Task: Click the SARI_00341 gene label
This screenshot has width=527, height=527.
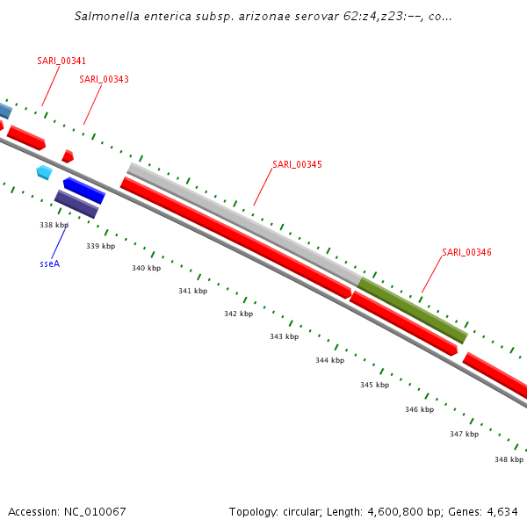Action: [x=61, y=61]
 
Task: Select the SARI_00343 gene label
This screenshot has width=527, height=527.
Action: [x=104, y=79]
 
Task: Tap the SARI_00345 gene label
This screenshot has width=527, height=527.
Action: [x=297, y=164]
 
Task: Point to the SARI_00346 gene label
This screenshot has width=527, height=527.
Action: [x=466, y=252]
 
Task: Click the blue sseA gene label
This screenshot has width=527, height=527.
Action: [x=50, y=263]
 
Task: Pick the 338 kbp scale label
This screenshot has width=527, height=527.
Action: [x=54, y=225]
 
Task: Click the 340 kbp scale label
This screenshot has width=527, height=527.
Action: [x=146, y=268]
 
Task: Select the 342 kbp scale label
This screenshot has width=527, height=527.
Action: [x=238, y=314]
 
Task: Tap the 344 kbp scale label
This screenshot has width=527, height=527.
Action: [x=329, y=360]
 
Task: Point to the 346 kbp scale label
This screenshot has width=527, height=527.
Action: [x=419, y=409]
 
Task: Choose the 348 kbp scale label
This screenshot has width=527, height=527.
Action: [x=509, y=459]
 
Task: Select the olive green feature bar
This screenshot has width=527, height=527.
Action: [x=412, y=310]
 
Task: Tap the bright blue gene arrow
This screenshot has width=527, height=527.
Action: [x=84, y=190]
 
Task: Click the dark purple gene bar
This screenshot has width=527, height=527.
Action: [x=76, y=204]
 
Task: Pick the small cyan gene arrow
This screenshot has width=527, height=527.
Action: [x=44, y=172]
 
